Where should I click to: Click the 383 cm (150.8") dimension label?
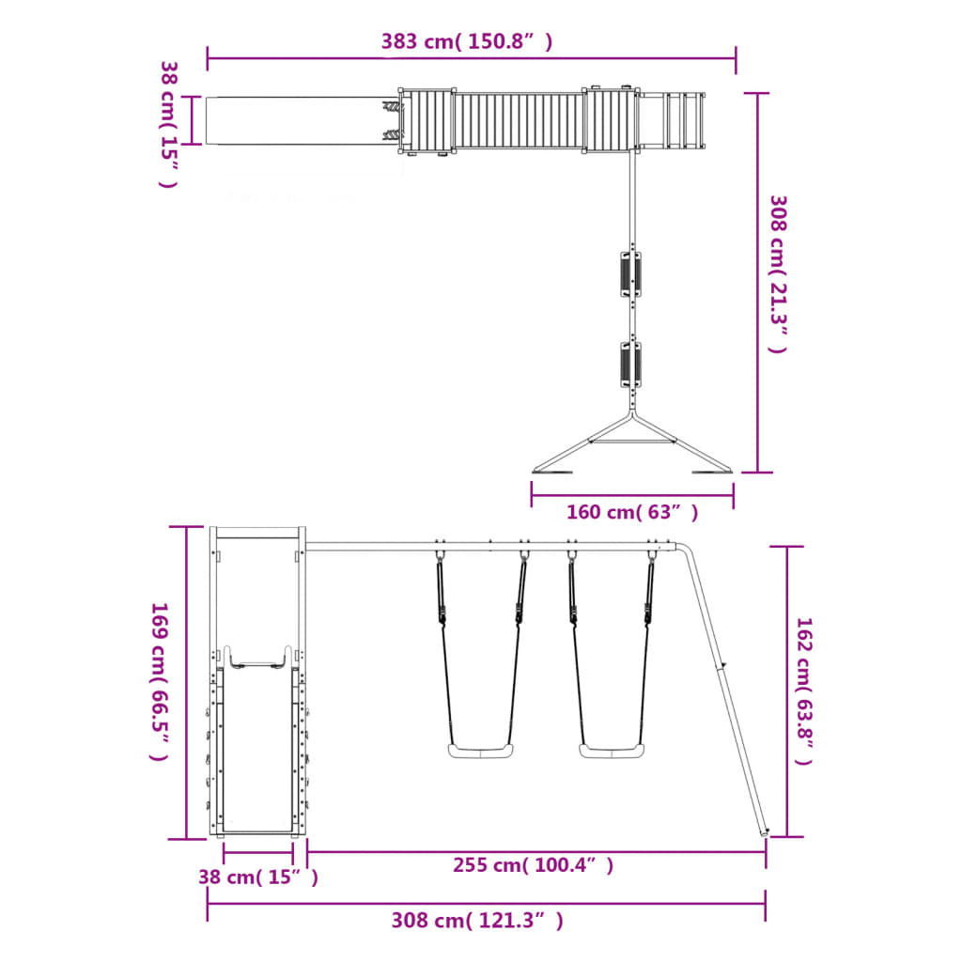pyautogui.click(x=467, y=41)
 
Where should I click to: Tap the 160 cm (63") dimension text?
pyautogui.click(x=632, y=512)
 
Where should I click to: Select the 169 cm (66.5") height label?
pyautogui.click(x=160, y=681)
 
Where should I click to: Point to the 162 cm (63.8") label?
pyautogui.click(x=804, y=690)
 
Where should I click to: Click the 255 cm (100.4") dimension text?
pyautogui.click(x=534, y=865)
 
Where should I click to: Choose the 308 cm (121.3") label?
pyautogui.click(x=477, y=921)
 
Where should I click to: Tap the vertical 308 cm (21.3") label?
pyautogui.click(x=778, y=274)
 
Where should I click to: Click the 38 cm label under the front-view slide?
pyautogui.click(x=258, y=877)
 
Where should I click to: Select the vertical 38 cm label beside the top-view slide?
pyautogui.click(x=169, y=125)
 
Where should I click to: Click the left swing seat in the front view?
pyautogui.click(x=480, y=751)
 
